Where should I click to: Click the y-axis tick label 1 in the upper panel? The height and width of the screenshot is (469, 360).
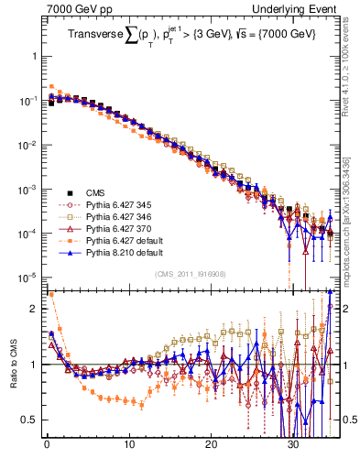[34, 56]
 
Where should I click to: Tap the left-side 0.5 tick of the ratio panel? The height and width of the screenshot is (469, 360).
[30, 420]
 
